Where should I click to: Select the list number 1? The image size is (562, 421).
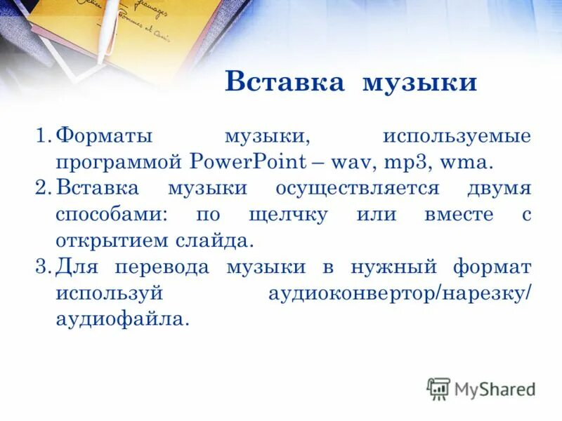[43, 135]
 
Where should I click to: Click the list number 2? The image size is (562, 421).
[43, 188]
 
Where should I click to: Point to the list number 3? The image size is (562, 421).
[43, 267]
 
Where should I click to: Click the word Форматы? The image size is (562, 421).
[105, 135]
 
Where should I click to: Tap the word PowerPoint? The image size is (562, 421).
[248, 161]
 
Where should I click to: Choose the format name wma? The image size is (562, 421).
[462, 161]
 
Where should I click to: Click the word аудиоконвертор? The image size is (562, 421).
[351, 293]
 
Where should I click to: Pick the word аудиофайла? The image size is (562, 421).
[122, 319]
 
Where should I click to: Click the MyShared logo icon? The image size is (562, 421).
[438, 388]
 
